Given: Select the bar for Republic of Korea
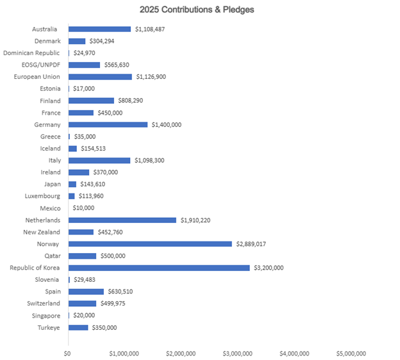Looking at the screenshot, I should pyautogui.click(x=159, y=268).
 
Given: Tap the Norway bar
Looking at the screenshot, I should pyautogui.click(x=150, y=244).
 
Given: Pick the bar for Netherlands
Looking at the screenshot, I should pyautogui.click(x=122, y=220).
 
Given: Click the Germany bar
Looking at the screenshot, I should pyautogui.click(x=108, y=124).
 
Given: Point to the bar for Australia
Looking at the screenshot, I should pyautogui.click(x=99, y=29).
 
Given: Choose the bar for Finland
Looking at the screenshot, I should pyautogui.click(x=91, y=101).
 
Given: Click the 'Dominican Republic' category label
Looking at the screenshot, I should pyautogui.click(x=32, y=53).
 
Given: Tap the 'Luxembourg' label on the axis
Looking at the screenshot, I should pyautogui.click(x=43, y=196).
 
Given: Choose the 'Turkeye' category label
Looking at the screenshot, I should pyautogui.click(x=48, y=327).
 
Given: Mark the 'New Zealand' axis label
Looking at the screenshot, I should pyautogui.click(x=42, y=232).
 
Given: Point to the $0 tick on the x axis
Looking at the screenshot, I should pyautogui.click(x=67, y=353).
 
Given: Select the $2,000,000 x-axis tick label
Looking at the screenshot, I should pyautogui.click(x=181, y=353).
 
